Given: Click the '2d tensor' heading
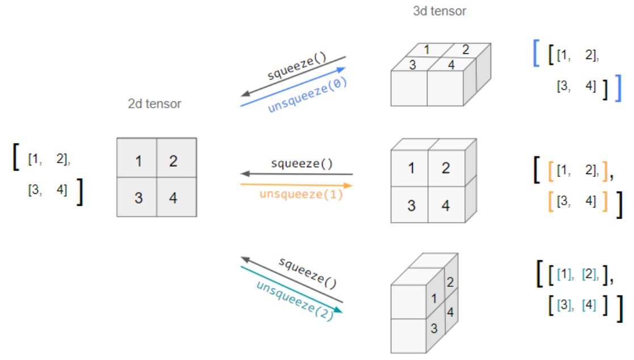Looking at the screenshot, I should pyautogui.click(x=155, y=104).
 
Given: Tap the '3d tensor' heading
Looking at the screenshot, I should pyautogui.click(x=439, y=11).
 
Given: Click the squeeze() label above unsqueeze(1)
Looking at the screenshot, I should pyautogui.click(x=301, y=164).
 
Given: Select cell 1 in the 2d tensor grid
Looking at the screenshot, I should pyautogui.click(x=138, y=160).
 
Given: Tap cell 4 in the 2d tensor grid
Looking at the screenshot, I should pyautogui.click(x=173, y=198).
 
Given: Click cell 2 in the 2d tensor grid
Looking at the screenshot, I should pyautogui.click(x=173, y=160).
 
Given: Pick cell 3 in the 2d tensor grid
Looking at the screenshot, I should pyautogui.click(x=138, y=198).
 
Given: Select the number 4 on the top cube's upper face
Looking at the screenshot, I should pyautogui.click(x=451, y=65).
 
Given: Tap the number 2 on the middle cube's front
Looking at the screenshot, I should pyautogui.click(x=445, y=168).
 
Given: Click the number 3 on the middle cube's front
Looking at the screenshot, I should pyautogui.click(x=411, y=205).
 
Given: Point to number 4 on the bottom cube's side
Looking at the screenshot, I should pyautogui.click(x=450, y=312).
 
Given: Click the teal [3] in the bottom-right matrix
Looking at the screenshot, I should pyautogui.click(x=564, y=305).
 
